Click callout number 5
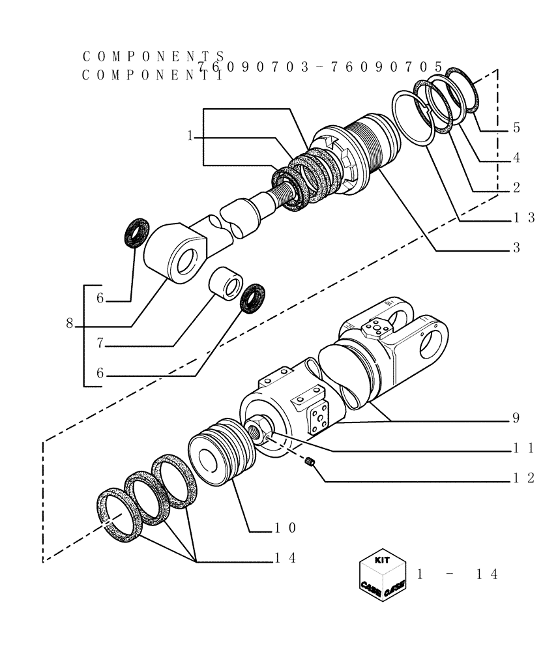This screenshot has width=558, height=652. click(x=516, y=128)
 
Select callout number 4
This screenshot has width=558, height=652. click(x=516, y=158)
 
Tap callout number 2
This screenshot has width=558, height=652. click(x=516, y=188)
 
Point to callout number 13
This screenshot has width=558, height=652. click(x=523, y=218)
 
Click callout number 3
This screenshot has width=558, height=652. click(x=516, y=248)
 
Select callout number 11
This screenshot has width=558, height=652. click(x=523, y=448)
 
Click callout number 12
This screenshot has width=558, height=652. click(x=523, y=478)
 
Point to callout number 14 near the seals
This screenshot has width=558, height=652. click(x=285, y=558)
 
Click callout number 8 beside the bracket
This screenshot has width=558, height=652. click(x=69, y=323)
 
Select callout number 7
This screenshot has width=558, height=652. click(x=100, y=343)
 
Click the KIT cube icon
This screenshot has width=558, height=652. click(x=382, y=574)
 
